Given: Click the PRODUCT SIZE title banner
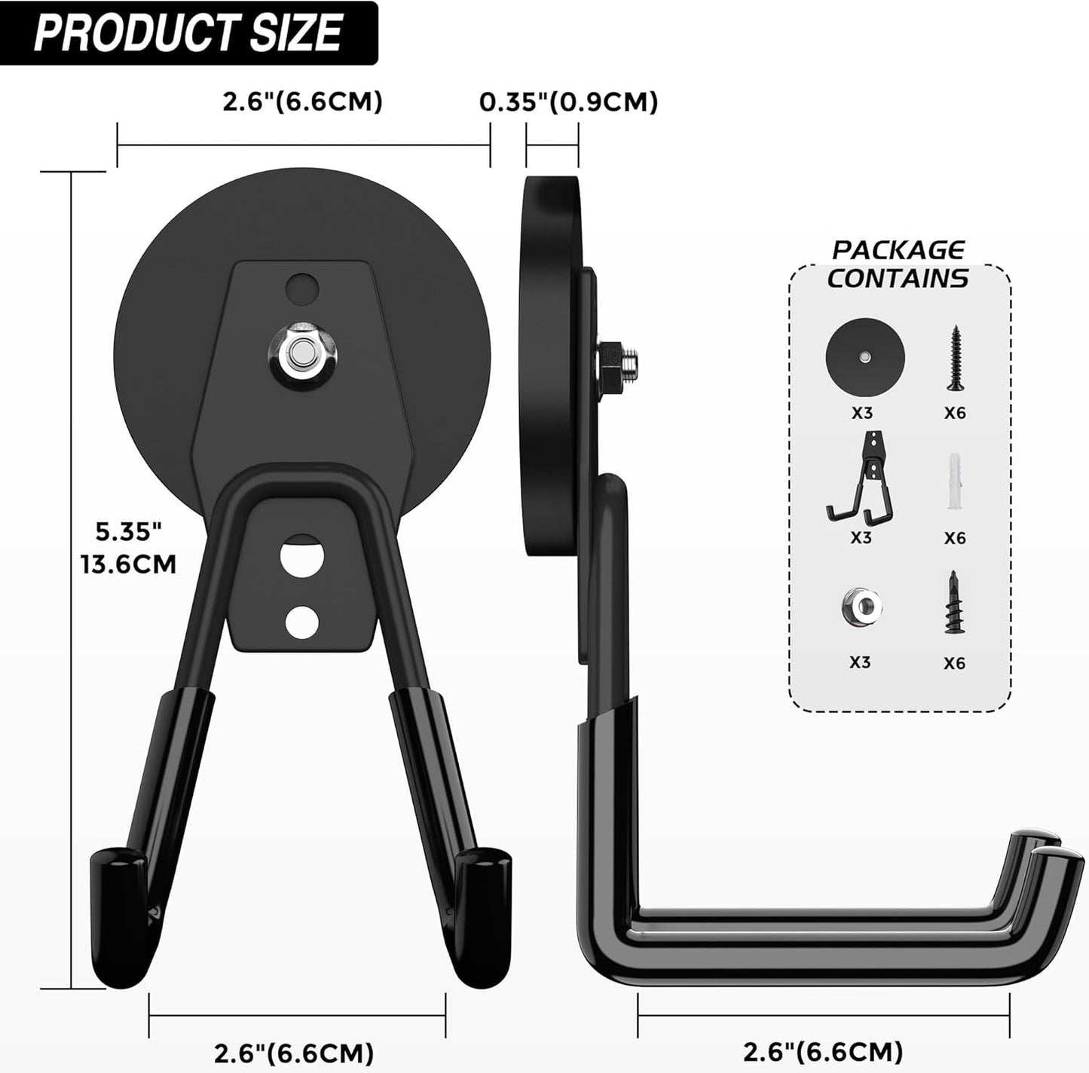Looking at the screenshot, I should coord(188,32).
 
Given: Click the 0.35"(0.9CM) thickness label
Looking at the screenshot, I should coord(569,102).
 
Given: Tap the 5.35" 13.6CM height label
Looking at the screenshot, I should coord(129,548).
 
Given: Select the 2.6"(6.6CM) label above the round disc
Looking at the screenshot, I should coord(302,102).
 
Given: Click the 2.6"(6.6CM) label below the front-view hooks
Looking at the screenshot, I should coord(294,1052).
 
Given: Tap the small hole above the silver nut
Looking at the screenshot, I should coord(302,288).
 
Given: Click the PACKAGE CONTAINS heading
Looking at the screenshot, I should coord(898,264).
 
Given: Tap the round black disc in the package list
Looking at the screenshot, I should coord(864,354).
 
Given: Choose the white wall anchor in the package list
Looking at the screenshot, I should coord(954,482).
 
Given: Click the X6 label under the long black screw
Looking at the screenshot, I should coord(954,413).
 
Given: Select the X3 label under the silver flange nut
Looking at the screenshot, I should coord(860,662).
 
